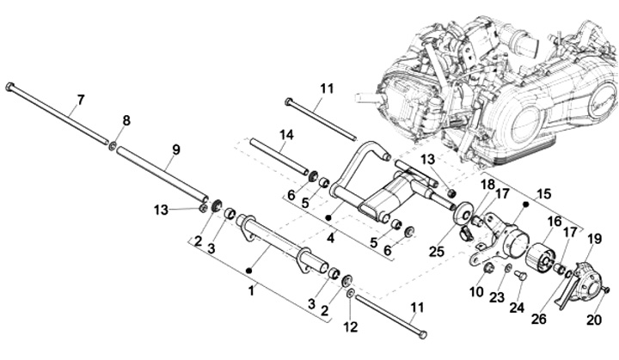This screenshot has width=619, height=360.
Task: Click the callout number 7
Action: [80, 101]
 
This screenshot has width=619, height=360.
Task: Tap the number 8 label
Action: [126, 121]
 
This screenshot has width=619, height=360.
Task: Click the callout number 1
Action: [252, 291]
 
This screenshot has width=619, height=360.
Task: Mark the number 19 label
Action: [594, 238]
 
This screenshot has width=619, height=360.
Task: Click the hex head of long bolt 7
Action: [9, 86]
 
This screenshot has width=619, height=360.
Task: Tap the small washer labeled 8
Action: [113, 138]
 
